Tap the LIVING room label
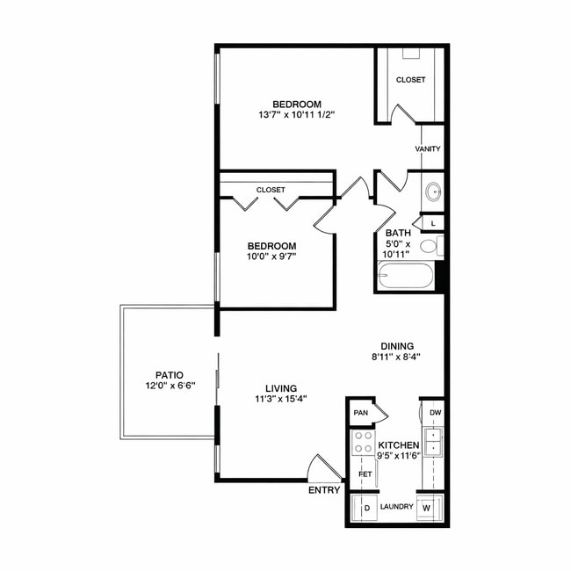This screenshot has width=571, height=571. point(281,387)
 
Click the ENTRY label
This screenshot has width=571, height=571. point(324,490)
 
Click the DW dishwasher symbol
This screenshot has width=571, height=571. point(433,411)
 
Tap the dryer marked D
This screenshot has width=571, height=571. point(364,508)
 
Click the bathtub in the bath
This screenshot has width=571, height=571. point(405,277)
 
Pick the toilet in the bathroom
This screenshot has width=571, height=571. point(430,246)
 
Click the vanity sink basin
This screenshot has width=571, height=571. point(433,191)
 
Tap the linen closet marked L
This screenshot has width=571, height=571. point(433,222)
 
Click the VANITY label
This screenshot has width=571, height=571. point(428,149)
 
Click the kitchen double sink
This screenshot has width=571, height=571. point(432,441)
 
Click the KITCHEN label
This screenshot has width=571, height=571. point(398,445)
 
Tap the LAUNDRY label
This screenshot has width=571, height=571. point(397,507)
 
